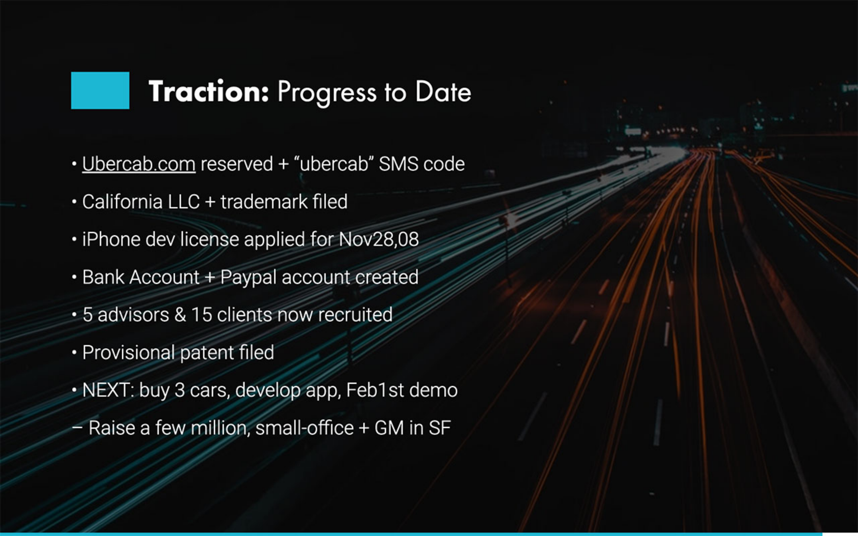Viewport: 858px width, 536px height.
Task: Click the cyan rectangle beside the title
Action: click(x=100, y=90)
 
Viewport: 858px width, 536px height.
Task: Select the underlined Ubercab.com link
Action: click(x=139, y=164)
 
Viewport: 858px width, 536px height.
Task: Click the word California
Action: click(x=122, y=202)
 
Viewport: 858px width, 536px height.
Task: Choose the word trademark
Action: click(x=264, y=202)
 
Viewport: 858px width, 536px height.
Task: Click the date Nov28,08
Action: click(x=379, y=240)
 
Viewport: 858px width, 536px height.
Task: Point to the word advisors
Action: click(x=133, y=315)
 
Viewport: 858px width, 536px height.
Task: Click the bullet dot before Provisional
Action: click(x=74, y=353)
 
